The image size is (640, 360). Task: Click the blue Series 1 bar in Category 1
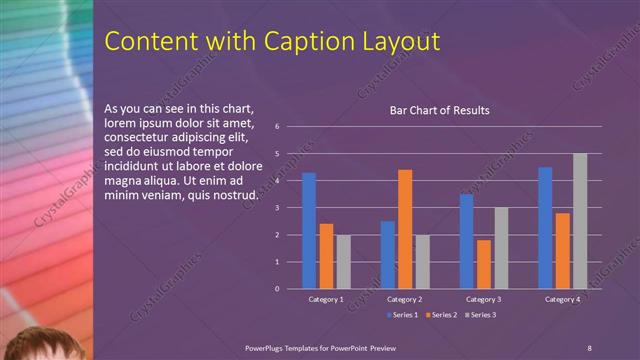[x=309, y=231]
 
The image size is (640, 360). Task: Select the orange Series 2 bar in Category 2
[x=405, y=229]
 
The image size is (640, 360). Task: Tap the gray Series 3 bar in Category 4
[x=580, y=221]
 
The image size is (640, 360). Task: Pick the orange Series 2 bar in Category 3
[x=484, y=264]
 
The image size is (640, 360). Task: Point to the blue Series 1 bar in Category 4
[x=545, y=228]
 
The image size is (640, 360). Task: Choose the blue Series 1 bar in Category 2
[x=387, y=255]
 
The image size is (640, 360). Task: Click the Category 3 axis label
[x=484, y=299]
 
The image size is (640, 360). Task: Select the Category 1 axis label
[x=326, y=299]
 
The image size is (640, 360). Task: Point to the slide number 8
[x=589, y=346]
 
